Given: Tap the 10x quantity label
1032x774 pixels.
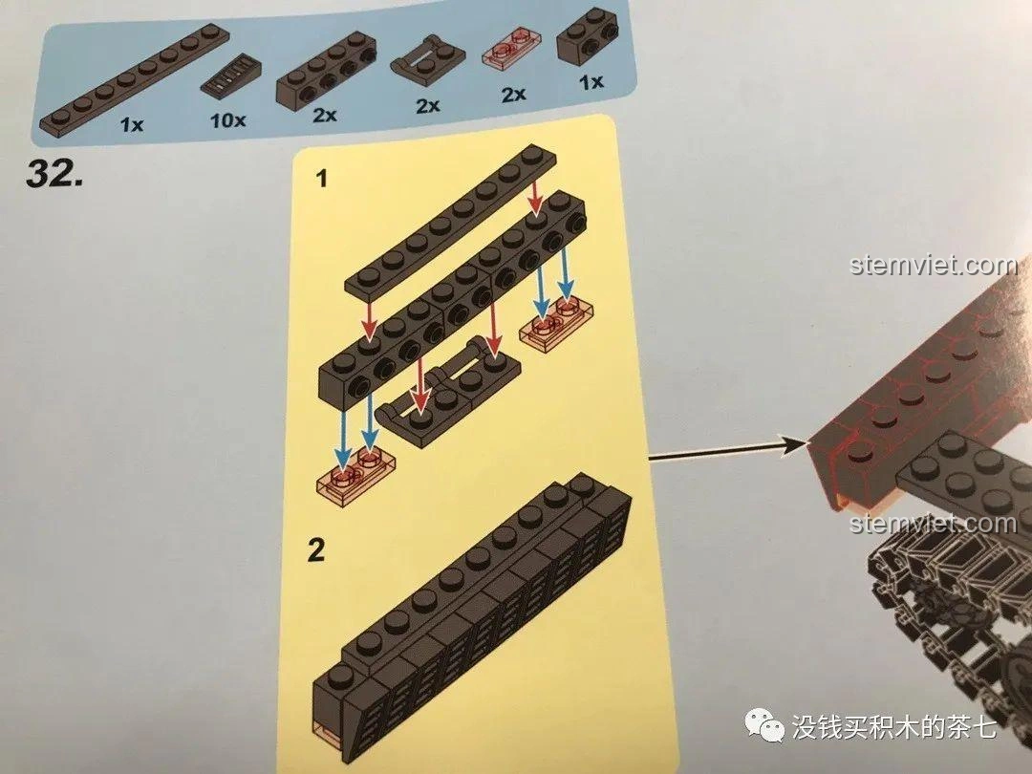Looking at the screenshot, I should (227, 121).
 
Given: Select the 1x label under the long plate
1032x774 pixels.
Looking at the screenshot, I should (132, 123).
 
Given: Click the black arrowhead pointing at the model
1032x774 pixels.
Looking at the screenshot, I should (793, 443).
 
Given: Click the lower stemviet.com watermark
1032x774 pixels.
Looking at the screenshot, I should (933, 523).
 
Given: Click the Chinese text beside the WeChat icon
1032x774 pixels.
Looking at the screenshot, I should (894, 728).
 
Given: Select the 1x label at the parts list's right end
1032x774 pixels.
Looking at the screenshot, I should (591, 83).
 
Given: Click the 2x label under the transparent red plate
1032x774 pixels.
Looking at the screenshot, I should (513, 94).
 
